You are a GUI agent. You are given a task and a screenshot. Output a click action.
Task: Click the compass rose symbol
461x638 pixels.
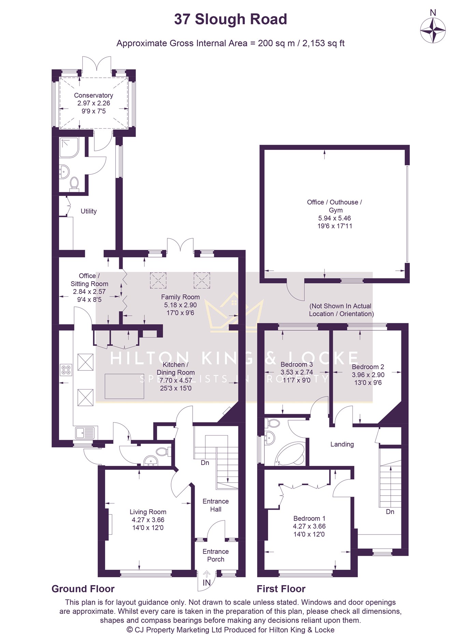tap(433, 30)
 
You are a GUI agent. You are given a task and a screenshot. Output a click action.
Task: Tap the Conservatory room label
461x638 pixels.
tap(94, 95)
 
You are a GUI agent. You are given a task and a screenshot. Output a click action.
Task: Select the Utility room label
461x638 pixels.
tap(89, 211)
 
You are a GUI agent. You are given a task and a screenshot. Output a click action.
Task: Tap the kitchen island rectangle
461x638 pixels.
tap(124, 386)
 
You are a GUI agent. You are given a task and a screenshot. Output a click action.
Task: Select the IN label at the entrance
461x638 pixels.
tap(207, 583)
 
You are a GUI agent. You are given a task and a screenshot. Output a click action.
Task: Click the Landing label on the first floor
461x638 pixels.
tap(342, 444)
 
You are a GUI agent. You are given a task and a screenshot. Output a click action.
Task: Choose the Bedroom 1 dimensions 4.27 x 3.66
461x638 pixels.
tap(309, 526)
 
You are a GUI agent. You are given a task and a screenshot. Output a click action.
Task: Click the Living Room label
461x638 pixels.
tap(148, 512)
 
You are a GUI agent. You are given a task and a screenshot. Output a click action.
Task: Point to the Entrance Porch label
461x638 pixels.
tap(215, 555)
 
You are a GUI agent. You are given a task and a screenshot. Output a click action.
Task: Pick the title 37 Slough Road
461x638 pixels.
tap(230, 19)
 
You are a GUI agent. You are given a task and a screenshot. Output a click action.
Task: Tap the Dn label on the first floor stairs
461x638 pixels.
tap(390, 512)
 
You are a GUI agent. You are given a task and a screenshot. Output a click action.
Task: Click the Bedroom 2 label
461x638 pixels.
tap(368, 367)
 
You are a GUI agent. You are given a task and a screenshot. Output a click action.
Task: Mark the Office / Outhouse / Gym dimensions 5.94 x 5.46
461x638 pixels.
tap(334, 218)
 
